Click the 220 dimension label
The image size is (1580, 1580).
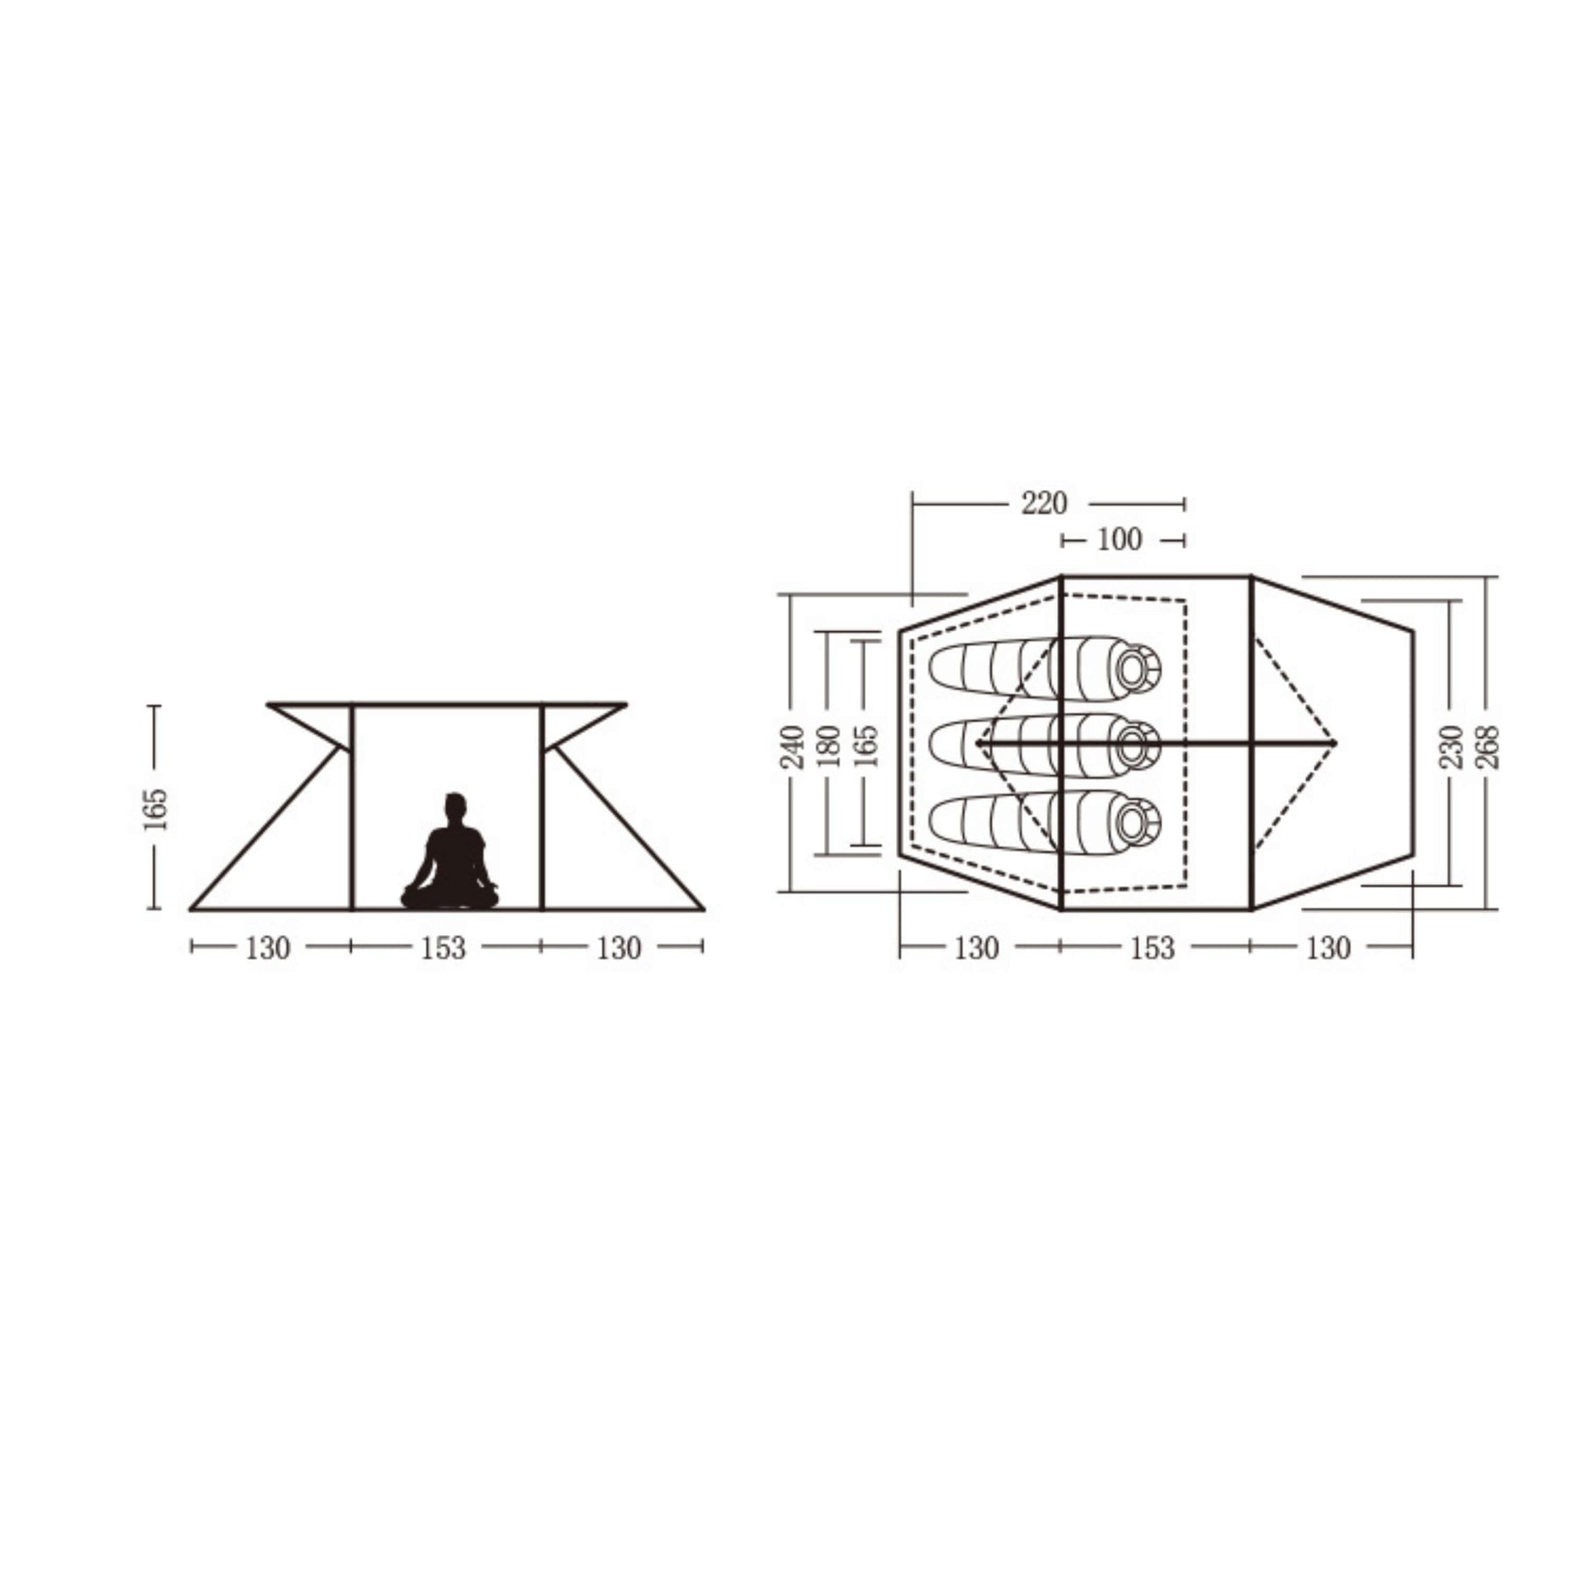pyautogui.click(x=1044, y=504)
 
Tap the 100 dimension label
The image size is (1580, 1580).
pyautogui.click(x=1119, y=539)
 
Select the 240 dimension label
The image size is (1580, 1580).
pyautogui.click(x=793, y=746)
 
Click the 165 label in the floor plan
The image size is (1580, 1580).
pyautogui.click(x=865, y=746)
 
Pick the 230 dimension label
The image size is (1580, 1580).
pyautogui.click(x=1451, y=746)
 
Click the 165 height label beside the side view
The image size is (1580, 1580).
pyautogui.click(x=154, y=809)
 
